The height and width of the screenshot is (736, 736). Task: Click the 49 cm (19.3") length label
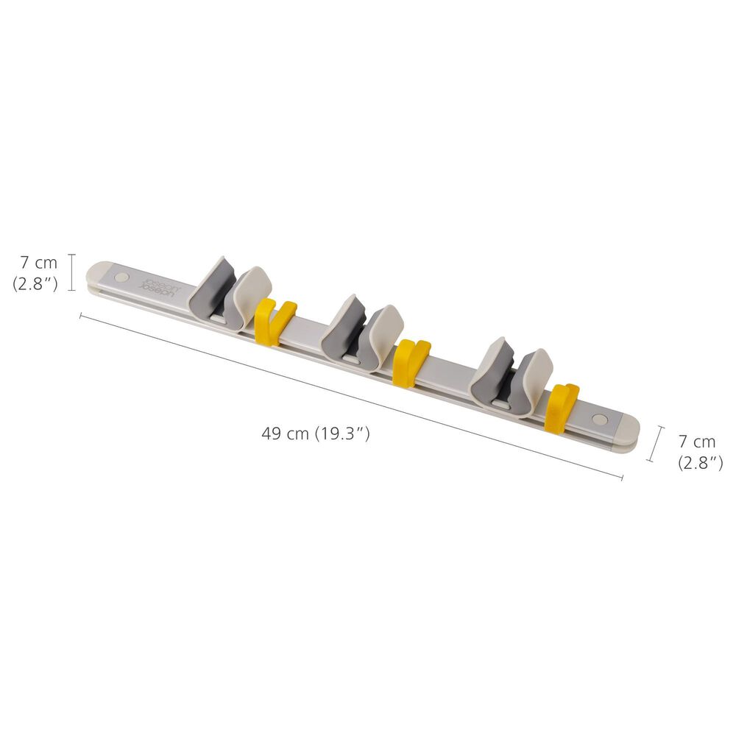(x=315, y=434)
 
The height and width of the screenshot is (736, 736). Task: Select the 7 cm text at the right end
(x=696, y=442)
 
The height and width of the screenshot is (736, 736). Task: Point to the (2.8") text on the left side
(x=35, y=283)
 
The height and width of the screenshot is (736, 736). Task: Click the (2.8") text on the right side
(x=700, y=463)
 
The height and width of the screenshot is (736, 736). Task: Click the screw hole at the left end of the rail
(x=122, y=278)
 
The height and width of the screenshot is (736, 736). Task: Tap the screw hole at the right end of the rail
(x=600, y=419)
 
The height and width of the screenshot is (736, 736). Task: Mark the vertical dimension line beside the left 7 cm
(x=71, y=272)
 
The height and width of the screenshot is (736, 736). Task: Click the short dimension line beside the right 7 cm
(x=655, y=444)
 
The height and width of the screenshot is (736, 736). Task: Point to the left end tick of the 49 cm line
(x=80, y=316)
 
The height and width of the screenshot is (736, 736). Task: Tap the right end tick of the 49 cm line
(x=622, y=477)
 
